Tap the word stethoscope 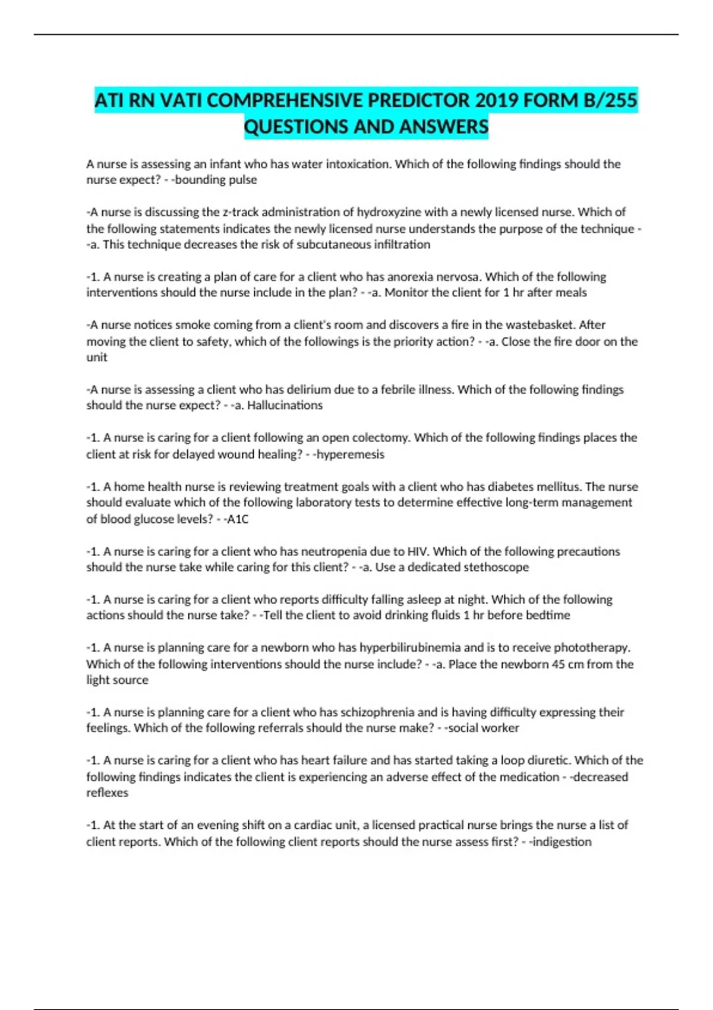(496, 567)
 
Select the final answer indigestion (561, 842)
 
